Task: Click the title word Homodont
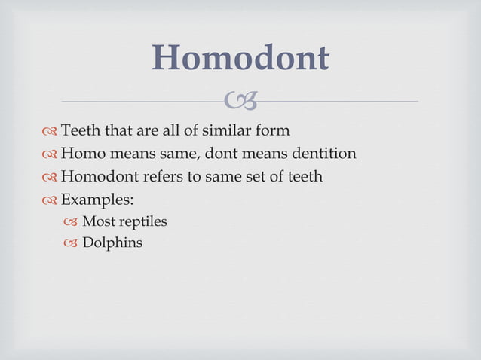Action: (x=240, y=58)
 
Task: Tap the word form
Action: (x=273, y=131)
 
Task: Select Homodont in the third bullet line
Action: (x=96, y=176)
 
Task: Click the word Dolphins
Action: (x=112, y=243)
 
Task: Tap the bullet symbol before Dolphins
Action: (x=71, y=244)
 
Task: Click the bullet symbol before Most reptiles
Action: (x=71, y=223)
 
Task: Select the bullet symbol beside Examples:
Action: (x=50, y=200)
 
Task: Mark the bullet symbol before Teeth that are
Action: (x=50, y=132)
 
